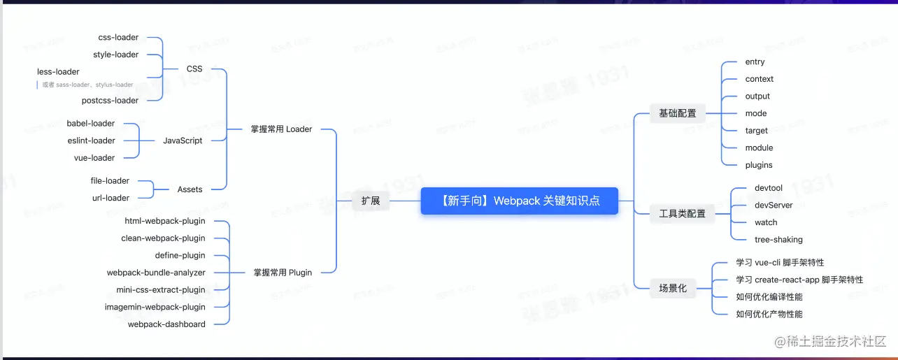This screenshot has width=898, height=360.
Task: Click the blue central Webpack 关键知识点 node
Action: click(x=520, y=201)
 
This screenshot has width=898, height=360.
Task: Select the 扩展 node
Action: click(x=371, y=201)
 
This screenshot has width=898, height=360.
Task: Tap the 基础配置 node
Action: click(x=678, y=113)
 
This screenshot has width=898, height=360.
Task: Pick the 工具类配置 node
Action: click(x=683, y=213)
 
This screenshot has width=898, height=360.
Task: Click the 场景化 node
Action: click(x=673, y=287)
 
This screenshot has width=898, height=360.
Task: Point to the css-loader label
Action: click(x=118, y=37)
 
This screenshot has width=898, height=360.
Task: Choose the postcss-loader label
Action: click(x=110, y=100)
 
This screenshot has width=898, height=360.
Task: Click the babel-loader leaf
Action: click(x=91, y=123)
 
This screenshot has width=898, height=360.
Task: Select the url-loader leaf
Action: click(x=111, y=198)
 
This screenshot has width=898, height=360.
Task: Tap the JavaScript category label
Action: click(x=183, y=141)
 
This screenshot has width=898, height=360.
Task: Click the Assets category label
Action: click(x=190, y=189)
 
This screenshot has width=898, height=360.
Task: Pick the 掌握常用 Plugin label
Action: click(x=283, y=272)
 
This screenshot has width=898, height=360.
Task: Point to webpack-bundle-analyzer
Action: click(x=156, y=273)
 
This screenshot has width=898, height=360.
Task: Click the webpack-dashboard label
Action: click(x=166, y=324)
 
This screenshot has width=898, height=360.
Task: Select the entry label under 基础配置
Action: click(x=755, y=62)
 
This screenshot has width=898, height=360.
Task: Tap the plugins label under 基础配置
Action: click(x=759, y=165)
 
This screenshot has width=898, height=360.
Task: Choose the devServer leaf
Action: click(x=774, y=205)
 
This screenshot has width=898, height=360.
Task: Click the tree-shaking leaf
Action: click(x=778, y=239)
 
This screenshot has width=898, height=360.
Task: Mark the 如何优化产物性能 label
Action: click(x=769, y=314)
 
